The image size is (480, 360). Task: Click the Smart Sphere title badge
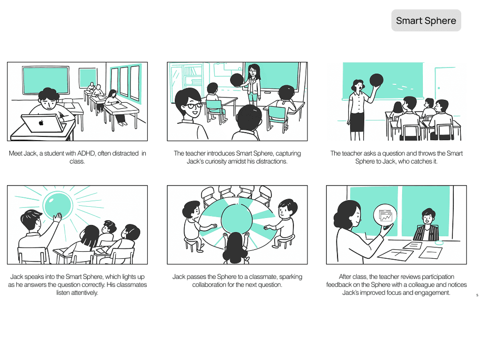click(x=426, y=21)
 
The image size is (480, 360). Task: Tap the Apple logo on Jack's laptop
click(x=41, y=123)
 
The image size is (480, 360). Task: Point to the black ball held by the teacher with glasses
click(x=237, y=80)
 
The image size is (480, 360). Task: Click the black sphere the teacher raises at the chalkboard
click(x=376, y=80)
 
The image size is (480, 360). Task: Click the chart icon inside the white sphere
click(x=385, y=216)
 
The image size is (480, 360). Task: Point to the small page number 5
click(x=477, y=295)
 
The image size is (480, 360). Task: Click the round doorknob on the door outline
click(x=439, y=88)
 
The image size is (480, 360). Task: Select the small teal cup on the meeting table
click(x=439, y=243)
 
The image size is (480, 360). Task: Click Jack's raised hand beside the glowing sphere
click(x=57, y=217)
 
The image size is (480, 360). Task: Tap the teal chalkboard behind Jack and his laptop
click(x=45, y=80)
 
